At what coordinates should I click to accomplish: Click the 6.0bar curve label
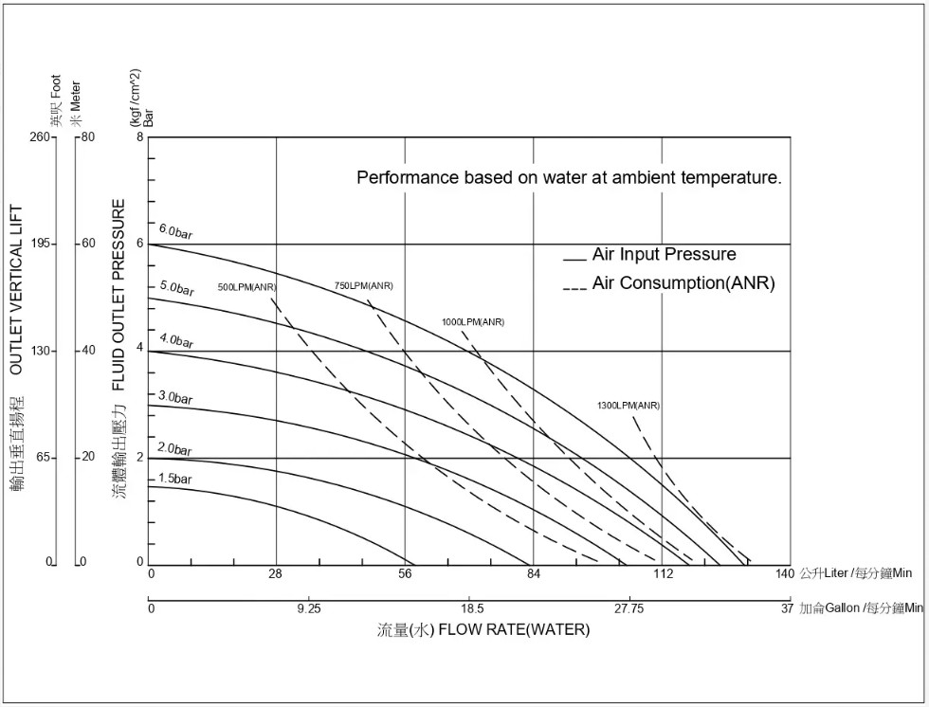click(175, 232)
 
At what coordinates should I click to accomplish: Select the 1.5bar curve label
click(174, 479)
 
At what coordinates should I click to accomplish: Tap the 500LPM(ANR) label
click(246, 286)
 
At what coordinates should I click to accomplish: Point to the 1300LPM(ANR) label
click(628, 406)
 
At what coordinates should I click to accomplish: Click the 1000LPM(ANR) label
click(473, 322)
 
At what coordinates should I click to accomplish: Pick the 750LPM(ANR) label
click(363, 286)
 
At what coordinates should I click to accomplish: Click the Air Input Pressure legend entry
click(664, 255)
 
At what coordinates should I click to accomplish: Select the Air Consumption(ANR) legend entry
click(683, 283)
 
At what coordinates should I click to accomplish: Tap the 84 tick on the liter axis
click(534, 573)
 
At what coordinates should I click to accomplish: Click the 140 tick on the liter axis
click(784, 573)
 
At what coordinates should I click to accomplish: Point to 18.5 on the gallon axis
click(472, 608)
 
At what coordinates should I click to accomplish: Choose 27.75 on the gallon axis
click(628, 608)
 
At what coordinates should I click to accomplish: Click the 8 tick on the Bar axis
click(140, 137)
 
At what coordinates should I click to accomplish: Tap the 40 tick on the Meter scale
click(88, 351)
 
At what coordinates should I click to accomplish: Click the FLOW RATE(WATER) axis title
click(513, 630)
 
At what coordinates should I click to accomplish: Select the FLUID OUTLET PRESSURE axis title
click(119, 295)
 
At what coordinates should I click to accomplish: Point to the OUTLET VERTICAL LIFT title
click(17, 290)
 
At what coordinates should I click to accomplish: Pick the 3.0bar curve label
click(175, 398)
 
